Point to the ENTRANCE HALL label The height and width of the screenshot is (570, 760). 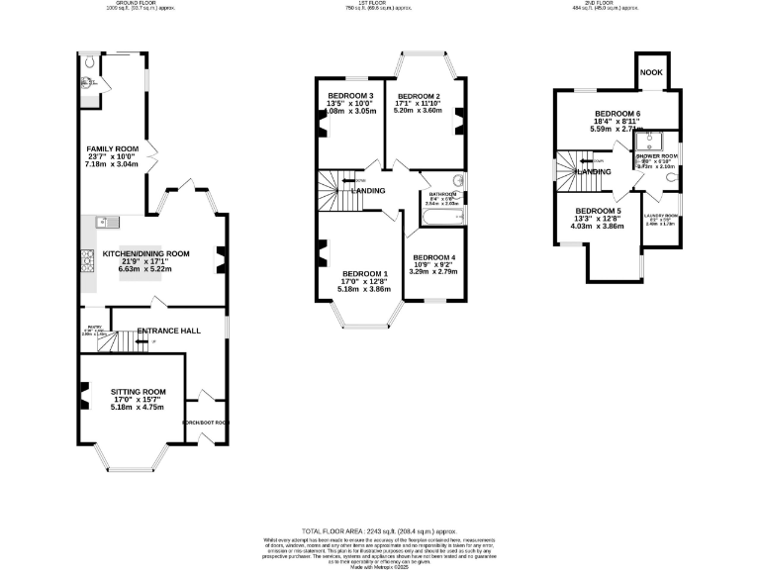[170, 331]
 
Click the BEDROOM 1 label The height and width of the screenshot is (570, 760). [365, 274]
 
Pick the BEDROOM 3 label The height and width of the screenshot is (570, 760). [349, 96]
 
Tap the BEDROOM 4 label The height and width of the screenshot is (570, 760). [432, 257]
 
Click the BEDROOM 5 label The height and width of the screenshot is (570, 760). [598, 211]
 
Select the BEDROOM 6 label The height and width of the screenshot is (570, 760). [617, 115]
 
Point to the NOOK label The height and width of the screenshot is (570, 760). [650, 72]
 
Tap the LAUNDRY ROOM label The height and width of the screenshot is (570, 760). [660, 216]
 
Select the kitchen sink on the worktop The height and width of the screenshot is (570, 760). [103, 222]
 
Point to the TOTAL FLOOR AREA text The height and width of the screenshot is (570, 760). [379, 531]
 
